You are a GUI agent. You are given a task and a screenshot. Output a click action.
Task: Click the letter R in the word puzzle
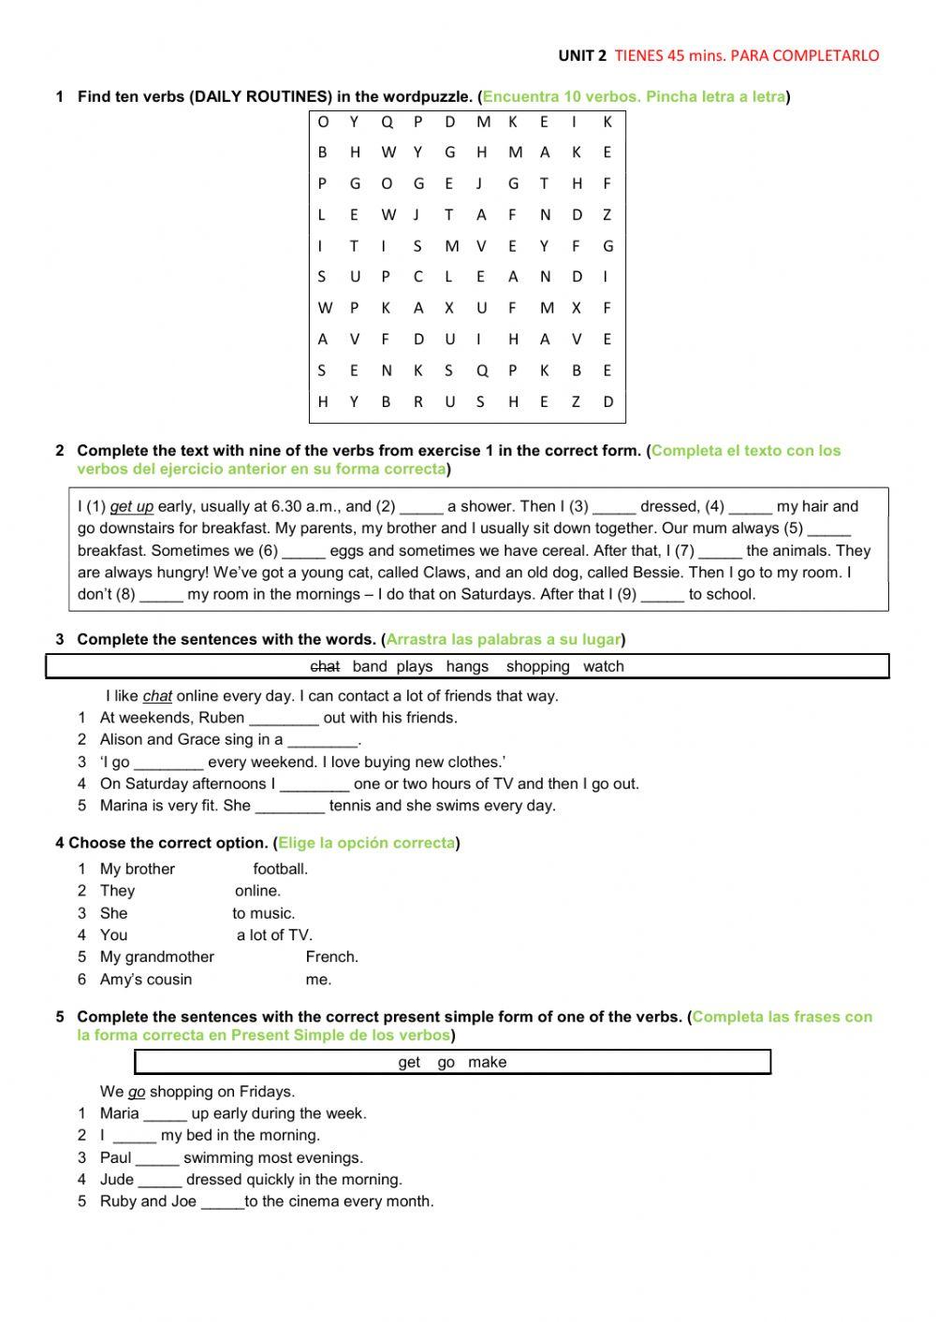417,402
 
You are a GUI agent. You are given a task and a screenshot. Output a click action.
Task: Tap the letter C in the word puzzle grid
417,277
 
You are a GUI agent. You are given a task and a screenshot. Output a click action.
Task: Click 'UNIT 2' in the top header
582,55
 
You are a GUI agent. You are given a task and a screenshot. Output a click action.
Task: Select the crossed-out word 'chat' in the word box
325,667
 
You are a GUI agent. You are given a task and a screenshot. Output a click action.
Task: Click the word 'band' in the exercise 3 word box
370,667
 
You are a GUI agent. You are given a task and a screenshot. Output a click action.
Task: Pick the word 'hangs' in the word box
467,667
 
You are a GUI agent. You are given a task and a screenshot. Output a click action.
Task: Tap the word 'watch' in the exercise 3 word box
603,667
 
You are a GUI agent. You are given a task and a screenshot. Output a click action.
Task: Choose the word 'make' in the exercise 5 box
487,1063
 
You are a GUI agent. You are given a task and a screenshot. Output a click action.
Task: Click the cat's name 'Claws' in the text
445,573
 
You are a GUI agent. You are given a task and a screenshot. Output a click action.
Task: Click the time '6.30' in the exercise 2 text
289,507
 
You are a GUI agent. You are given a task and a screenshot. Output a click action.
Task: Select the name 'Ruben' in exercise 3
222,719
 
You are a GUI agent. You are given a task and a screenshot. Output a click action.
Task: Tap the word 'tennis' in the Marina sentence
350,806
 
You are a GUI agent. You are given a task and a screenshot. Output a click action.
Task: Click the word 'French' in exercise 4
331,957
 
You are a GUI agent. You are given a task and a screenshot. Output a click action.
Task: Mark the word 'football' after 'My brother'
280,869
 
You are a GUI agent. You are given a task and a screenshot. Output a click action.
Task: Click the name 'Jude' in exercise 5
117,1180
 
